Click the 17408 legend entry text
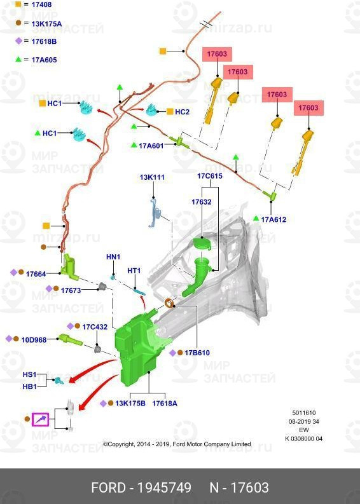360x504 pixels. click(x=41, y=4)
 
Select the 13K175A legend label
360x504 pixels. click(x=46, y=24)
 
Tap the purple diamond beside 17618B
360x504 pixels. click(x=18, y=41)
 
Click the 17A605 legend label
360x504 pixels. click(x=44, y=60)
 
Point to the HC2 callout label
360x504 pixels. click(x=182, y=112)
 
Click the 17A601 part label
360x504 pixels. click(x=151, y=146)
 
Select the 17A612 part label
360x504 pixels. click(x=273, y=219)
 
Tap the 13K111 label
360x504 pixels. click(x=152, y=177)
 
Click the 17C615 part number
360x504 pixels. click(x=210, y=176)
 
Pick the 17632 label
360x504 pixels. click(x=202, y=202)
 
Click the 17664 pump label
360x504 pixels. click(x=36, y=274)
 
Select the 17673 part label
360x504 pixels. click(x=71, y=290)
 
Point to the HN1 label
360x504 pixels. click(x=113, y=257)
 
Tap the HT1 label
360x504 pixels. click(x=134, y=271)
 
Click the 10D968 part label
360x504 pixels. click(x=34, y=340)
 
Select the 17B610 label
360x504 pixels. click(x=197, y=353)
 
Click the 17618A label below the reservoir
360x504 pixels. click(x=165, y=404)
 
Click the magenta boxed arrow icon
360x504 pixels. click(x=40, y=419)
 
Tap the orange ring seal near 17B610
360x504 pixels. click(x=169, y=303)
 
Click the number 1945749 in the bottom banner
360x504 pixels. click(x=164, y=487)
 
